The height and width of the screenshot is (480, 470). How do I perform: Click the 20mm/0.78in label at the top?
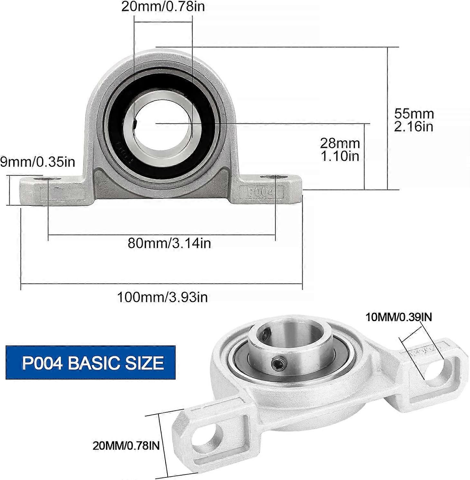click(x=163, y=7)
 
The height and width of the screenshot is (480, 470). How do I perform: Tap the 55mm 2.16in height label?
click(x=414, y=120)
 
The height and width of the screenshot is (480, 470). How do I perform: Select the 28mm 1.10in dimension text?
click(x=340, y=149)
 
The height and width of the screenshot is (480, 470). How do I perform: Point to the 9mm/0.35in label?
click(x=37, y=162)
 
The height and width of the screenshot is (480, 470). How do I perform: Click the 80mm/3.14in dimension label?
click(x=169, y=243)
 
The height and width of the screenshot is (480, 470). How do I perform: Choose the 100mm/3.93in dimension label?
click(x=162, y=297)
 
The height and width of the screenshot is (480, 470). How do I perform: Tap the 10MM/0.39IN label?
click(x=399, y=317)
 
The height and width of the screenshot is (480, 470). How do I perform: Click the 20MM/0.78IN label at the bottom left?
click(x=126, y=446)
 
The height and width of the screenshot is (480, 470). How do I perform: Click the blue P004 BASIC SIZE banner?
click(x=91, y=362)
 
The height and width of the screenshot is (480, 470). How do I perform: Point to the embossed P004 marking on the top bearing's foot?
click(x=261, y=192)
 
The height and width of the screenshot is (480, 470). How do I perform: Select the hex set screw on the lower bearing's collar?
click(x=277, y=364)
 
